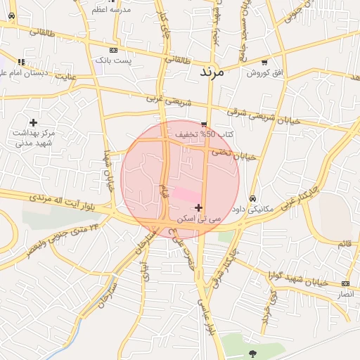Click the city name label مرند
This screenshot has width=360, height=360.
click(211, 72)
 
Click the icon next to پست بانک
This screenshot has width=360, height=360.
click(113, 51)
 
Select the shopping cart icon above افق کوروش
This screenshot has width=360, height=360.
click(264, 62)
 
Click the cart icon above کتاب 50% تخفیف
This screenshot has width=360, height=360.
click(204, 124)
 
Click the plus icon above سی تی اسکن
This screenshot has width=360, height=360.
click(199, 207)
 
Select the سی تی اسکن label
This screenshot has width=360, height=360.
click(199, 219)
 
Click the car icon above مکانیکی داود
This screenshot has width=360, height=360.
click(252, 198)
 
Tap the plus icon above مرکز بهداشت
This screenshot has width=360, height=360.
click(33, 123)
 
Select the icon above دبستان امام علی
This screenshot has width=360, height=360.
click(22, 62)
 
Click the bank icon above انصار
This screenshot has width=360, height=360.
click(345, 283)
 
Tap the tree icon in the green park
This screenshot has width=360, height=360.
click(252, 353)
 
